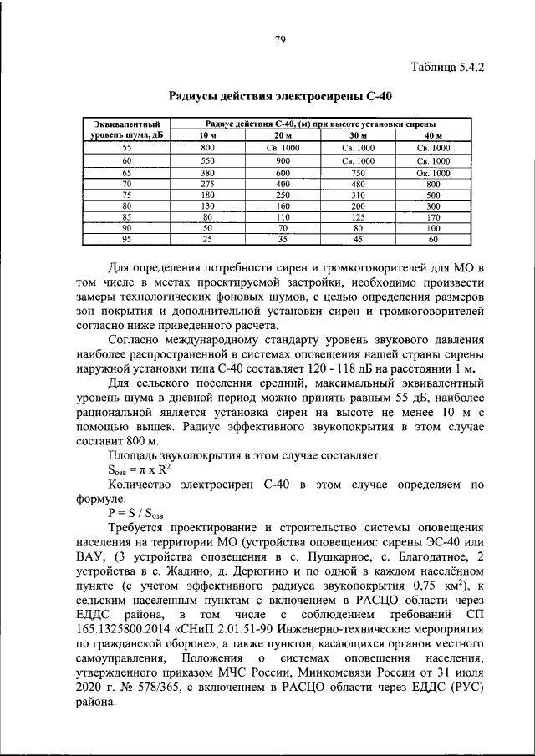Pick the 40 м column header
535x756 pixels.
click(x=433, y=135)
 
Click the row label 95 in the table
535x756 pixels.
click(x=127, y=239)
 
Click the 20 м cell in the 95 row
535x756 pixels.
click(x=283, y=239)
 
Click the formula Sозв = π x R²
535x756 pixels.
click(x=138, y=469)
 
